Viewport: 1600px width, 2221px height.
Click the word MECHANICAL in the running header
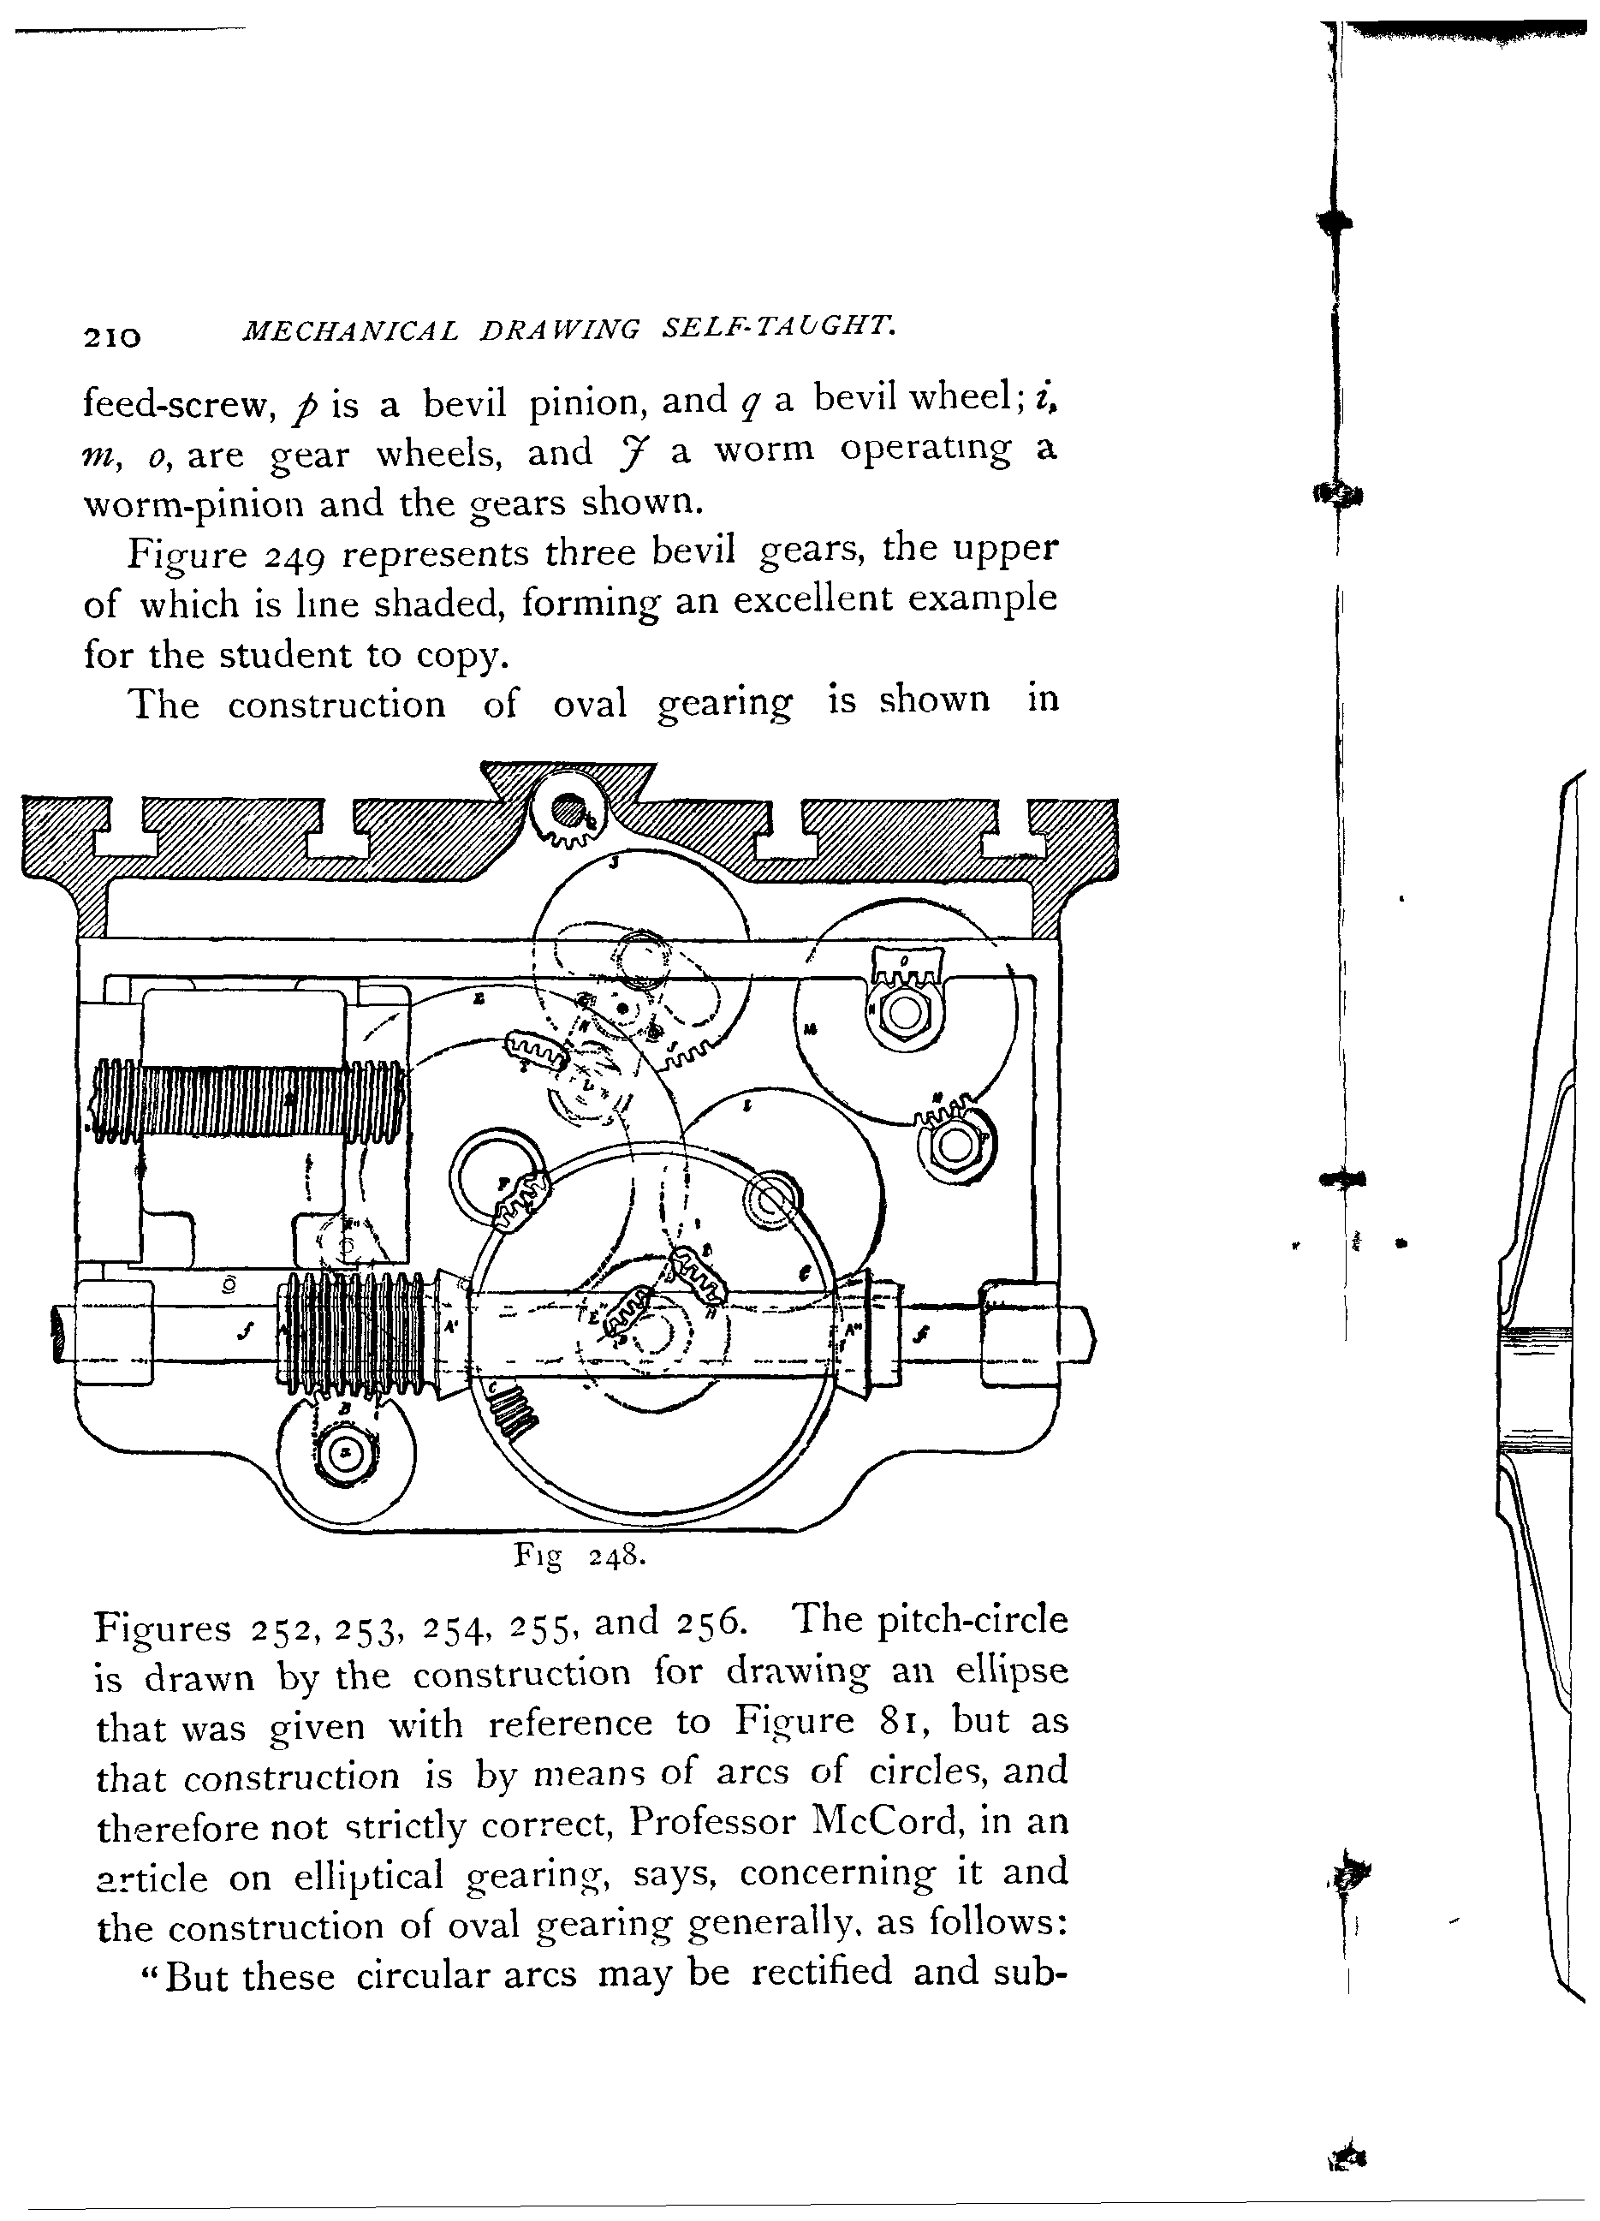(349, 331)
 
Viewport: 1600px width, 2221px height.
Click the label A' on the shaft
(451, 1328)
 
